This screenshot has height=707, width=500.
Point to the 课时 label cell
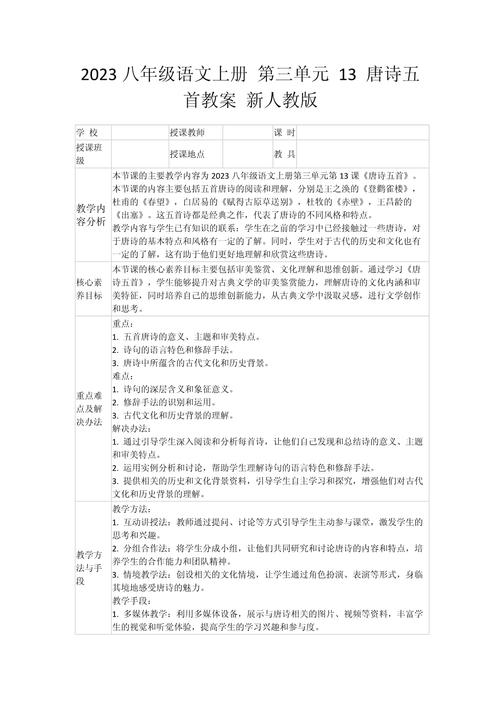pyautogui.click(x=283, y=133)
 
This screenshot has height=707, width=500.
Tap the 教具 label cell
pyautogui.click(x=283, y=153)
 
